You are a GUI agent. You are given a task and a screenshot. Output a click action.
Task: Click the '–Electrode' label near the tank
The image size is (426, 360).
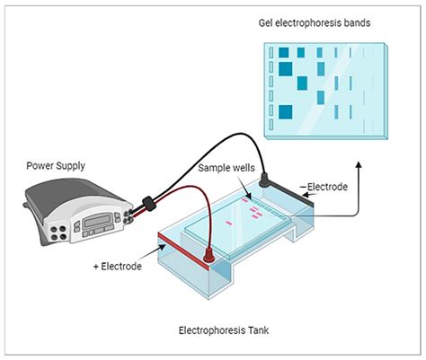click(x=328, y=187)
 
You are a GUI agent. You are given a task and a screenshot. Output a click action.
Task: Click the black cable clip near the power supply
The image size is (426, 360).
click(x=150, y=204)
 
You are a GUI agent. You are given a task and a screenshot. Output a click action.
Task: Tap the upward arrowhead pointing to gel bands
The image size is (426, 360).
click(x=359, y=166)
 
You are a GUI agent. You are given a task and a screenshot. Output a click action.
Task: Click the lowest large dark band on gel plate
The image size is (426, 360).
click(x=287, y=112)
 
